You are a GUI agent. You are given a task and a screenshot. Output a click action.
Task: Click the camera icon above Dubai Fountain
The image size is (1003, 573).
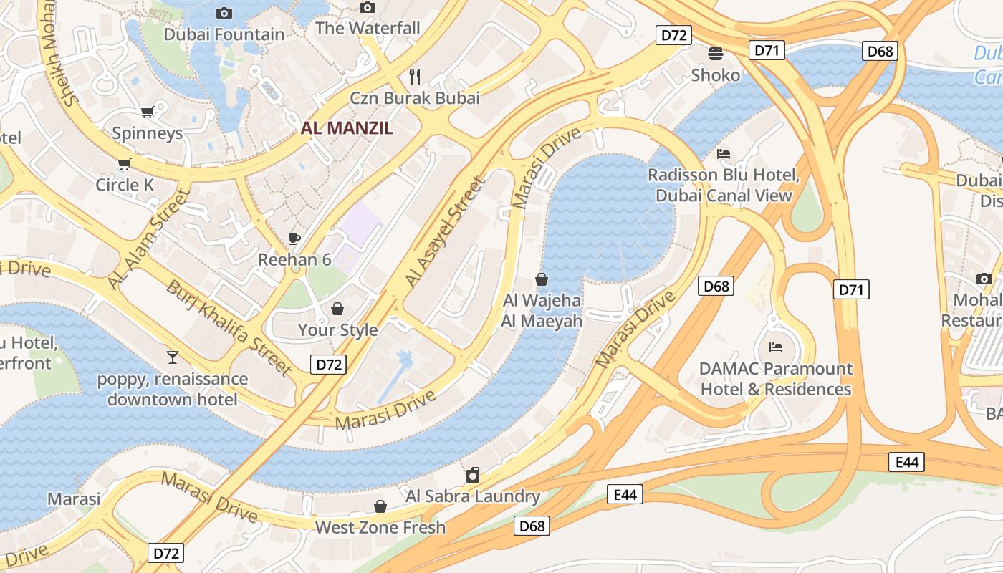click(x=224, y=13)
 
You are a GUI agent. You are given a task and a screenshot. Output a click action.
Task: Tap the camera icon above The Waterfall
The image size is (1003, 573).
click(x=368, y=7)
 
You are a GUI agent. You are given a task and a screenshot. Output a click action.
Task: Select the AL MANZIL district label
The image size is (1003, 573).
click(x=347, y=128)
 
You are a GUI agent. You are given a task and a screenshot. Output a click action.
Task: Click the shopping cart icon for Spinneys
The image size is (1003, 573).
click(x=147, y=112)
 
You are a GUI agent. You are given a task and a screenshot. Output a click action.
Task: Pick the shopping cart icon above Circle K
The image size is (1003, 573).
click(x=124, y=164)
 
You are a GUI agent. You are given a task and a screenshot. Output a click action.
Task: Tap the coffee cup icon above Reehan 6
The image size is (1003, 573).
click(x=294, y=239)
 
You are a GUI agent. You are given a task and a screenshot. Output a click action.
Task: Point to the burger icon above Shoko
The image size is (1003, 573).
click(x=715, y=53)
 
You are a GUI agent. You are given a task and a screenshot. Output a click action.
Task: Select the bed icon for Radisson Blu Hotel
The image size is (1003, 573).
click(x=724, y=154)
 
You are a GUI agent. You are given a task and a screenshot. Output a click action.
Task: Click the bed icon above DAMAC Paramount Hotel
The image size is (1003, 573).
click(x=775, y=347)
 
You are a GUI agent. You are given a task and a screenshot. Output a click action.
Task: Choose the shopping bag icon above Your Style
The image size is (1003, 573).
click(x=337, y=309)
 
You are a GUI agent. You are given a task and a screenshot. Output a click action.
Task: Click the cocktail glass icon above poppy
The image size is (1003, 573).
click(x=172, y=357)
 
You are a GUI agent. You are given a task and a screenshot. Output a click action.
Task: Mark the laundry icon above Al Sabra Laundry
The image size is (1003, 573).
click(x=473, y=475)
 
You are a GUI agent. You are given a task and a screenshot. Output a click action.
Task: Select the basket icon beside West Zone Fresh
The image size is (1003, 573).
click(x=380, y=506)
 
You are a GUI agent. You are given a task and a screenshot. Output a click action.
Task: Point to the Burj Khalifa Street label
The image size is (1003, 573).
click(x=229, y=327)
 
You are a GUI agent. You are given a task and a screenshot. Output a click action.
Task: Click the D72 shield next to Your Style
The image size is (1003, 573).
click(x=329, y=364)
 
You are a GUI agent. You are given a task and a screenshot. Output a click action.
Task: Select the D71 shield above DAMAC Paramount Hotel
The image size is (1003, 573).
click(x=851, y=289)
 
